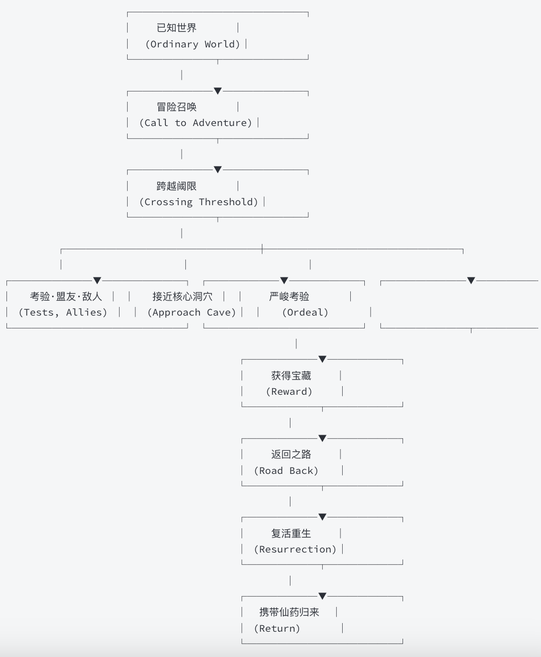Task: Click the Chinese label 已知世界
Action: click(x=176, y=28)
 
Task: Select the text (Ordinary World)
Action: click(x=192, y=44)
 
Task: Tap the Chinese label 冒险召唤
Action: click(x=176, y=107)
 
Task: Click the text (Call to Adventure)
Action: click(x=196, y=123)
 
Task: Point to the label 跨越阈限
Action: click(x=176, y=186)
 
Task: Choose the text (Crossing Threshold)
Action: click(x=198, y=202)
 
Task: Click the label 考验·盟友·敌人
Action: click(x=66, y=296)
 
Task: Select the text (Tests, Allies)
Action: click(x=63, y=312)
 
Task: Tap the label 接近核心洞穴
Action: click(x=182, y=296)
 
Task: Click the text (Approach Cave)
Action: click(x=192, y=312)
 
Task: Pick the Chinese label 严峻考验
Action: click(x=289, y=296)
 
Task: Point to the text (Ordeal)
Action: click(x=305, y=312)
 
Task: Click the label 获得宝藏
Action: click(x=291, y=375)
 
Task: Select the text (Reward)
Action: click(x=289, y=392)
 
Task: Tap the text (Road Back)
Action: click(x=286, y=471)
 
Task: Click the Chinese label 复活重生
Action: click(x=291, y=533)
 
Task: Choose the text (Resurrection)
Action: click(x=295, y=549)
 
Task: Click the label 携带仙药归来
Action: click(x=289, y=612)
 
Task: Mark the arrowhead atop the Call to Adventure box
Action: click(x=218, y=91)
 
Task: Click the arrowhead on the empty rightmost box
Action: click(x=471, y=281)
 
